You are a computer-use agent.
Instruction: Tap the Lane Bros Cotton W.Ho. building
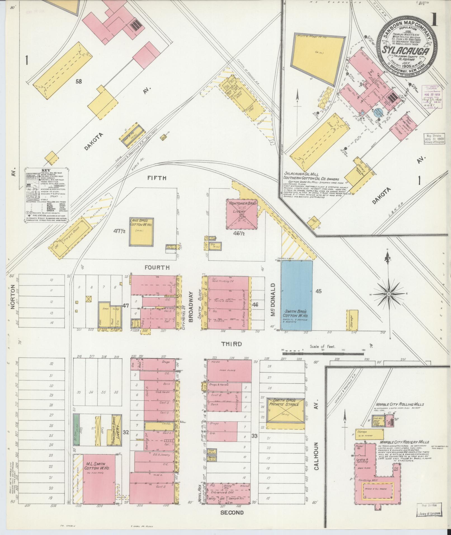[141, 232]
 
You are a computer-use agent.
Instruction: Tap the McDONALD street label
[273, 300]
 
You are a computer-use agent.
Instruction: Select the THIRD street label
[232, 344]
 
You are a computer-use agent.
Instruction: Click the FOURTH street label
[157, 268]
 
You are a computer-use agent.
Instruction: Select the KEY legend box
[46, 195]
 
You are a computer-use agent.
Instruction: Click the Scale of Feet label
[322, 347]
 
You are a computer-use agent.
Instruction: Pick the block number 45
[318, 291]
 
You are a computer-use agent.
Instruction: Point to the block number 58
[79, 81]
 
